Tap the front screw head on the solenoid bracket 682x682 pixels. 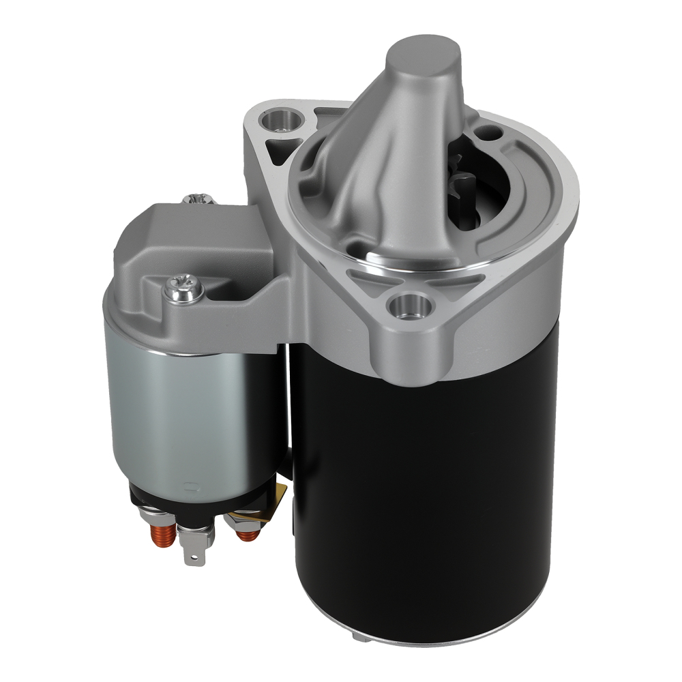click(x=182, y=291)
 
